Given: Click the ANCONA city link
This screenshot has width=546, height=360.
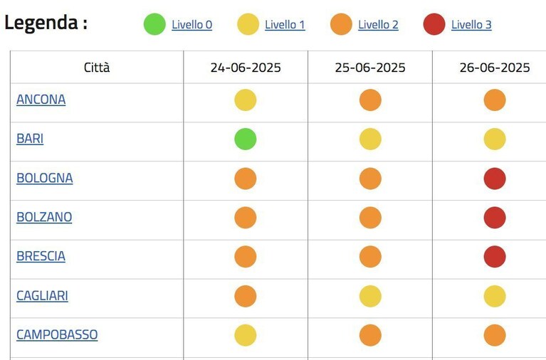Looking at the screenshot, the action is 41,100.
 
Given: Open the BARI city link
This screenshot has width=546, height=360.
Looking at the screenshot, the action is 30,139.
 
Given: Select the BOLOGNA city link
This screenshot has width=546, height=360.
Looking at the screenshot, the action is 45,178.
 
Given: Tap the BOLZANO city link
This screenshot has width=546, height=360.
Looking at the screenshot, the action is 44,217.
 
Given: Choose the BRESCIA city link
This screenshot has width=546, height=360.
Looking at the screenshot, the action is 41,256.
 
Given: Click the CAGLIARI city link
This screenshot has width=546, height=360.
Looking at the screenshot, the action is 42,295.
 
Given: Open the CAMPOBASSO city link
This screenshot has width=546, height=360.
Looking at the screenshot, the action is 57,334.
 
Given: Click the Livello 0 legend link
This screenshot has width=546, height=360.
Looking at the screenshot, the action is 192,25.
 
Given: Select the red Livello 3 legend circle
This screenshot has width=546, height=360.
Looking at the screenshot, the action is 434,24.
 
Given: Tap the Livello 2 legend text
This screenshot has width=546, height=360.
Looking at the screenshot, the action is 378,25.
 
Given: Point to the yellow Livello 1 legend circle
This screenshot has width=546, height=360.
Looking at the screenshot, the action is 248,24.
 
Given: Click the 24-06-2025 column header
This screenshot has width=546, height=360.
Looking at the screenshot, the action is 246,68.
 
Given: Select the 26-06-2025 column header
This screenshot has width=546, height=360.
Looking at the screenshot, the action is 495,68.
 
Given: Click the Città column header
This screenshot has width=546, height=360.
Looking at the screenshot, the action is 97,67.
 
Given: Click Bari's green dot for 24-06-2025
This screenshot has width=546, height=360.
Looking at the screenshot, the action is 246,139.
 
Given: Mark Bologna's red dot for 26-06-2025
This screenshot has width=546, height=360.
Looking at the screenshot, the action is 495,179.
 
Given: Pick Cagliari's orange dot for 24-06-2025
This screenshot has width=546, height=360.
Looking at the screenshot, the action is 246,296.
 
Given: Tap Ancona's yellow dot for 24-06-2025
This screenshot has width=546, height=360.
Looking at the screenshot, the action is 246,100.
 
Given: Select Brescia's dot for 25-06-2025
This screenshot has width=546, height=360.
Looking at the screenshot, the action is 370,257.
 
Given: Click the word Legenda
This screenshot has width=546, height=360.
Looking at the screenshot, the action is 41,23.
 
